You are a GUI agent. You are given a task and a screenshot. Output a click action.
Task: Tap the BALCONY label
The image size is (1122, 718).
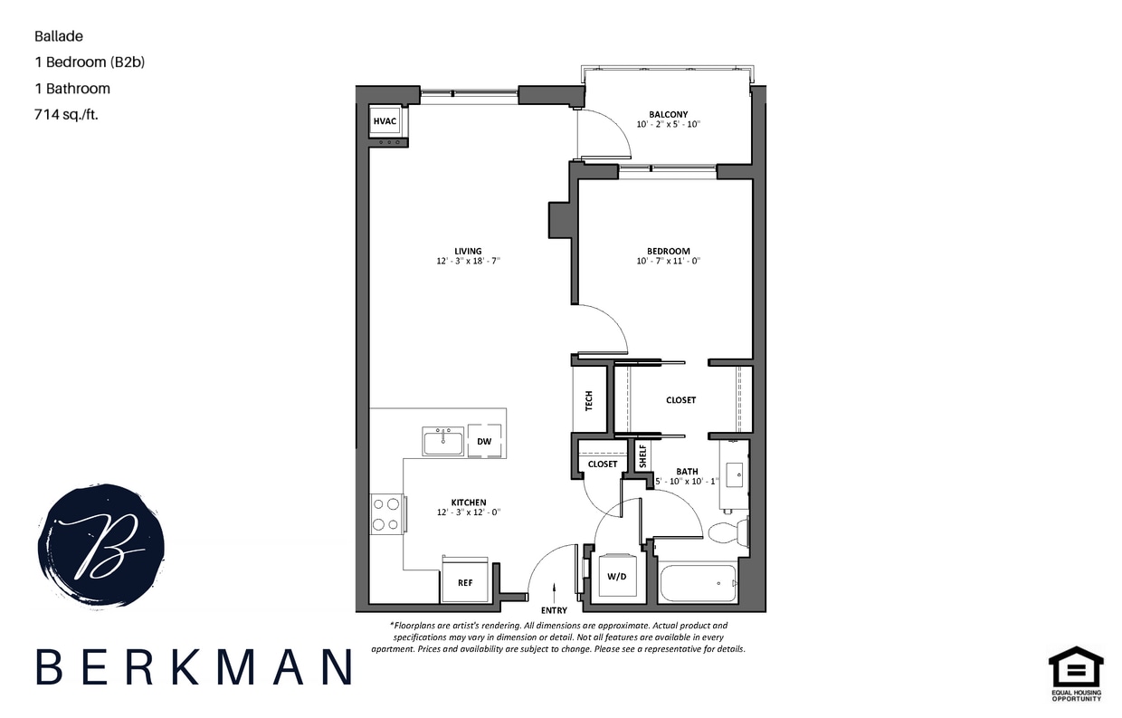point(668,115)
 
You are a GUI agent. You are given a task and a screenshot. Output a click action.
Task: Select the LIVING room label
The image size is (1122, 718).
point(468,252)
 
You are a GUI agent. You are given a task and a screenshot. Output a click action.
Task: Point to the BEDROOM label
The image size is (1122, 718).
point(668,252)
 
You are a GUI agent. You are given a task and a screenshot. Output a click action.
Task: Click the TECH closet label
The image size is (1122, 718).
point(588,400)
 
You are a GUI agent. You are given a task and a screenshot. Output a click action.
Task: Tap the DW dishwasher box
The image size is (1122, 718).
point(485,441)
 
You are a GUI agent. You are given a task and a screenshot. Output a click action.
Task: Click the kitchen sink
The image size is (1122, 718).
point(442,441)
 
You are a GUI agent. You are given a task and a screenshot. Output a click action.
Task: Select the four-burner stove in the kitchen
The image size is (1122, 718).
point(387,513)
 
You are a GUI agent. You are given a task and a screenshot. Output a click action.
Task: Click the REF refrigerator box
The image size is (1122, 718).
point(465,581)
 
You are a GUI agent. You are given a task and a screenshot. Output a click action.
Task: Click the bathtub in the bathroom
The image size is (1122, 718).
point(699,582)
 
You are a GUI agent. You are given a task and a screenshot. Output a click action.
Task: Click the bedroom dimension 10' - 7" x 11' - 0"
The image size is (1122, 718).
point(668,262)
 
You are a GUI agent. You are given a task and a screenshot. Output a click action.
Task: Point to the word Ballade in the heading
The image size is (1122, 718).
point(59,37)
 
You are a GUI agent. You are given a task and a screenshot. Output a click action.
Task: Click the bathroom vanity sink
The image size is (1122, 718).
point(735,474)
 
